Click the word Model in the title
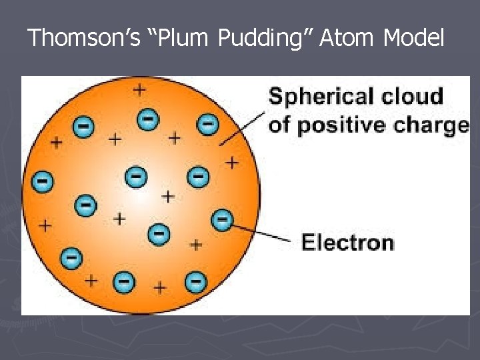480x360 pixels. click(x=413, y=39)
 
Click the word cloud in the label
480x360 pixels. click(x=413, y=96)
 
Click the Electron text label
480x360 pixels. click(x=347, y=241)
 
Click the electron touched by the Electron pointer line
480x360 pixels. click(x=222, y=219)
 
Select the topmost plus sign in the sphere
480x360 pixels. click(x=139, y=88)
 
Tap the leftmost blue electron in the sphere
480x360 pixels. click(x=42, y=180)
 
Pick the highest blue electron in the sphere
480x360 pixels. click(x=147, y=119)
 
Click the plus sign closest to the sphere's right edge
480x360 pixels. click(x=231, y=162)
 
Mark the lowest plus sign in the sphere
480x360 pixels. click(x=159, y=288)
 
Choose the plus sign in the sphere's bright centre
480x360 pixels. click(x=167, y=197)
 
